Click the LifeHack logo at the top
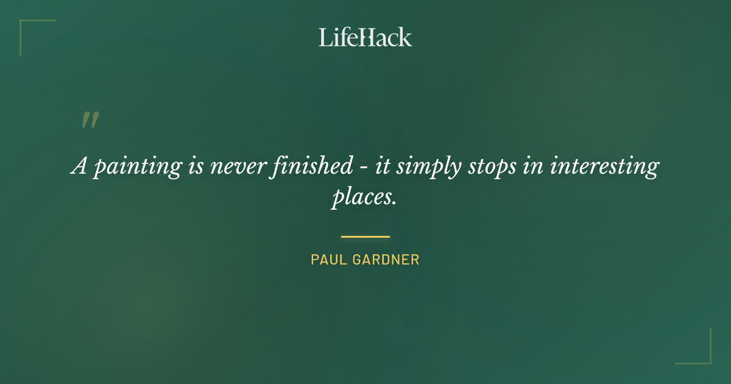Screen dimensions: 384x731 (365, 37)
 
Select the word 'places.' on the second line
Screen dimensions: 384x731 (364, 197)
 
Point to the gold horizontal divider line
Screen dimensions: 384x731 (365, 236)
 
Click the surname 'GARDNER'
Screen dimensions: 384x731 (386, 260)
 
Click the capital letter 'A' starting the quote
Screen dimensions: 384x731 (80, 166)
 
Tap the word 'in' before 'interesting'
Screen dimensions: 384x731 (531, 166)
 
